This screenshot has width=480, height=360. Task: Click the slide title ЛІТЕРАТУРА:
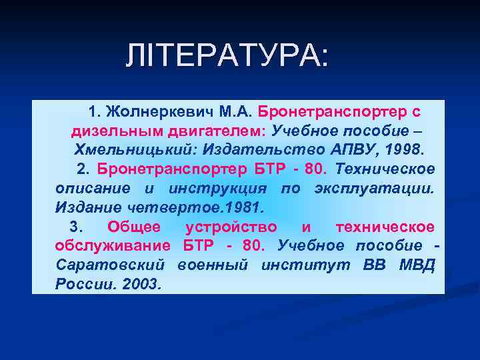coord(227,57)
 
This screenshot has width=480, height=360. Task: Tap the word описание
coord(93,187)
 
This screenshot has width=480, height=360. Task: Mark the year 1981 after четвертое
coord(247,207)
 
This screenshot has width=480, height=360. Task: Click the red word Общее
coord(133,227)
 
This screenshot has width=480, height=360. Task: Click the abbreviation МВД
coord(417,265)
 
